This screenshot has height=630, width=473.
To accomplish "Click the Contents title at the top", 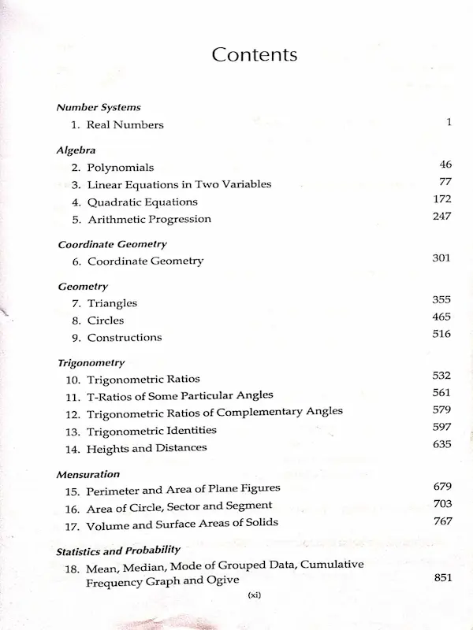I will (255, 55).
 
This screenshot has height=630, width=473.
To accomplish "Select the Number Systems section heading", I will (99, 108).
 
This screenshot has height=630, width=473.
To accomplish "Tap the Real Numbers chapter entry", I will (125, 125).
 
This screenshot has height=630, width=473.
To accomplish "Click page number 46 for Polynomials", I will (445, 165).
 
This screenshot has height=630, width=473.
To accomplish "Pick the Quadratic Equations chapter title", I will (142, 202).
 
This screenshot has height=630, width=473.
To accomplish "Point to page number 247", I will (441, 217).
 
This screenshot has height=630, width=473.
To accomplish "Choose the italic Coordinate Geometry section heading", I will (112, 244).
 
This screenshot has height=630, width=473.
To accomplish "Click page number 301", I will (441, 258).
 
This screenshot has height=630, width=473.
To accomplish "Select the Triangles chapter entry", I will (112, 303).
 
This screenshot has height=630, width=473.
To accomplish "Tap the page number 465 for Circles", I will (441, 317).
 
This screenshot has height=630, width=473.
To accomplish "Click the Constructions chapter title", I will (125, 337).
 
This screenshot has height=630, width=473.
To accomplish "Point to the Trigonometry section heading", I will (91, 363).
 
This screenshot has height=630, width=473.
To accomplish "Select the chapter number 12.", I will (73, 413).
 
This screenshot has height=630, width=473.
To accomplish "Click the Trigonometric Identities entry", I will (151, 431).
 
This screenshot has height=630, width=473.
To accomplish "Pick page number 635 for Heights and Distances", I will (441, 445).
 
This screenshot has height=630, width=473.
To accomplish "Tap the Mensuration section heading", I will (88, 475).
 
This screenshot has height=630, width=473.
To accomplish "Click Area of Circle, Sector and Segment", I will (180, 506).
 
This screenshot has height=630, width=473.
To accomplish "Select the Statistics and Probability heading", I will (118, 550).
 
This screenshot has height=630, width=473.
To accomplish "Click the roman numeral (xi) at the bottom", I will (254, 595).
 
